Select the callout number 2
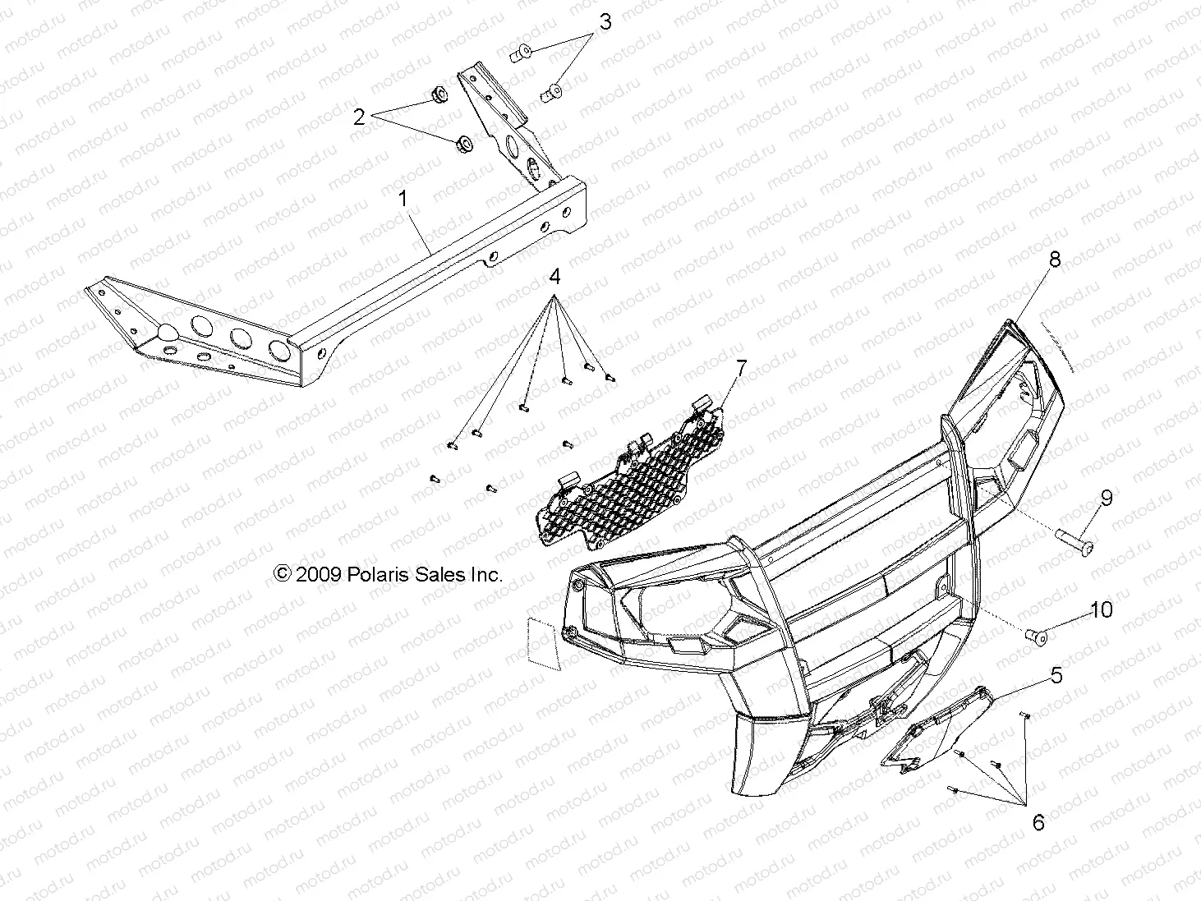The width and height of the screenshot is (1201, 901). pos(359,117)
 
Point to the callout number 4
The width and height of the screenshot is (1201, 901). pos(554,276)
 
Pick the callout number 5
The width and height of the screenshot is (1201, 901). pos(1056,675)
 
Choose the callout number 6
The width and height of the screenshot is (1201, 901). pos(1038,822)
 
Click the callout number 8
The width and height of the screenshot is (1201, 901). pos(1054,260)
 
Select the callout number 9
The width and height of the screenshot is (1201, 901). pos(1106,498)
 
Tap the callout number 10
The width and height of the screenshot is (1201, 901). pos(1101,609)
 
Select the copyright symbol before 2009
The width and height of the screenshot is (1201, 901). pos(282,575)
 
